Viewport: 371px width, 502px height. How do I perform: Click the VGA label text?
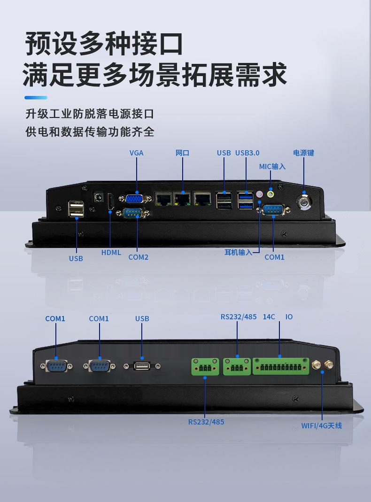(136, 153)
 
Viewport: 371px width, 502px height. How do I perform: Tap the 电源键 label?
(303, 153)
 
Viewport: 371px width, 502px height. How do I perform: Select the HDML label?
(111, 252)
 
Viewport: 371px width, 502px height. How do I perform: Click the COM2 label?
(138, 257)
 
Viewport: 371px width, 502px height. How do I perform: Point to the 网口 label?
(182, 153)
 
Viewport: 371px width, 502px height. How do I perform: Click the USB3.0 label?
(247, 153)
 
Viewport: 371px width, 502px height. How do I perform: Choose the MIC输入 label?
(272, 166)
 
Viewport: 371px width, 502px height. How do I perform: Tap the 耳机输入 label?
(238, 252)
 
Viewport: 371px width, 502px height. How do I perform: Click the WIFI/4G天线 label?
(322, 425)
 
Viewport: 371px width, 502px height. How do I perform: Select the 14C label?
(269, 317)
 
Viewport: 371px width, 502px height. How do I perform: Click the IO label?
(289, 317)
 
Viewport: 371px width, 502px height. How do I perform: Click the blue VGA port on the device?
(136, 199)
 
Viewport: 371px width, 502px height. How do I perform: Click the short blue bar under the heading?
(36, 98)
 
